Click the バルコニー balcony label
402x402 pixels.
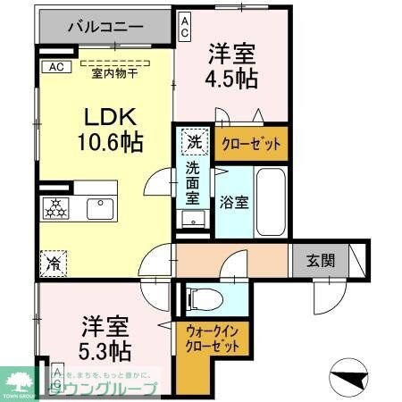click(x=105, y=27)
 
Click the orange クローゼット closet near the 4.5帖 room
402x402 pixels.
click(x=251, y=143)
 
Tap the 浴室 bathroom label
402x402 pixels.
click(x=236, y=202)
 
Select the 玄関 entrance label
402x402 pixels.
click(x=322, y=261)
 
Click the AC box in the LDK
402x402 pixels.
click(x=54, y=66)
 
